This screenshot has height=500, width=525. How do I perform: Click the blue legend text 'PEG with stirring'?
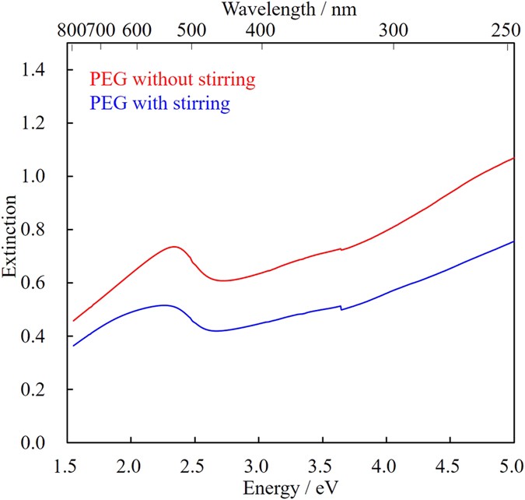point(160,103)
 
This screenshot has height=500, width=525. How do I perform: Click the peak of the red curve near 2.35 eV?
point(175,247)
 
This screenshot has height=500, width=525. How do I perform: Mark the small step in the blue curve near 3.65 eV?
point(341,308)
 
